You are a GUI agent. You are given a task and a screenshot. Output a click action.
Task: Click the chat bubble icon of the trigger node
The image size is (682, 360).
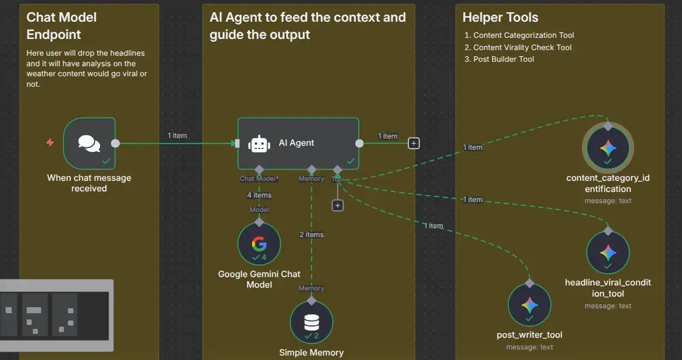click(x=89, y=143)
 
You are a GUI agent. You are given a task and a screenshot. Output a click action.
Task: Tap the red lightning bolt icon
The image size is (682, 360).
click(x=50, y=143)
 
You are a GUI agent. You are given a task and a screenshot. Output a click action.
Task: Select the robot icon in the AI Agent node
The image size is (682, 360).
click(x=259, y=144)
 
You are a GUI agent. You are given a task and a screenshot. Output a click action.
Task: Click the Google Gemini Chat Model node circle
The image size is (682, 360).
click(x=259, y=244)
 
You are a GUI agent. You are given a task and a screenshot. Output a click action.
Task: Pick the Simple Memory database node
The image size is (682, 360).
click(x=312, y=323)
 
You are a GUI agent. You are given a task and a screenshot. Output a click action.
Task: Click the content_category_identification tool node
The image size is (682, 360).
click(x=608, y=148)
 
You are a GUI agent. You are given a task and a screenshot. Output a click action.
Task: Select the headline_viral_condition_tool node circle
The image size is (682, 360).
click(x=608, y=253)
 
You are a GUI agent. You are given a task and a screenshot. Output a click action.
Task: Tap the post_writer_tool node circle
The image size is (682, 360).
click(x=530, y=305)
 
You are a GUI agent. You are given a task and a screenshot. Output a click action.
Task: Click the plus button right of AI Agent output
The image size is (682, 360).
click(x=413, y=143)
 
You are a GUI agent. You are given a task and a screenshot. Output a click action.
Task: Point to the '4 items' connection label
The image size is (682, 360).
click(x=259, y=195)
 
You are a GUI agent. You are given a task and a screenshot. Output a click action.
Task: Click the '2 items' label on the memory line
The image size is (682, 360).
click(x=312, y=235)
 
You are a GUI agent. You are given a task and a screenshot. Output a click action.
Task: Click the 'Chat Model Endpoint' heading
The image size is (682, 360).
click(x=62, y=26)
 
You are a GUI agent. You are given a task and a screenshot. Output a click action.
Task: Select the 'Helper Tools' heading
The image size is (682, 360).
click(x=500, y=18)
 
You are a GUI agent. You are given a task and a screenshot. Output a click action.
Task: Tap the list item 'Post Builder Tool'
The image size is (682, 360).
click(x=503, y=60)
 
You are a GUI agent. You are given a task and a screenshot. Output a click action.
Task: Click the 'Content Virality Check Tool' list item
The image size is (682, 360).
click(x=522, y=47)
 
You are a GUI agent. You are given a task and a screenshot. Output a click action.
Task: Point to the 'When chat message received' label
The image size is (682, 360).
click(x=89, y=183)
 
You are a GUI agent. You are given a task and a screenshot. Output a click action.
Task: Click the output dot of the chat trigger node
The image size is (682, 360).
click(x=115, y=143)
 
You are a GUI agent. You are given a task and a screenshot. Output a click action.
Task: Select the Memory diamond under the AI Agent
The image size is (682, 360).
click(x=312, y=169)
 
